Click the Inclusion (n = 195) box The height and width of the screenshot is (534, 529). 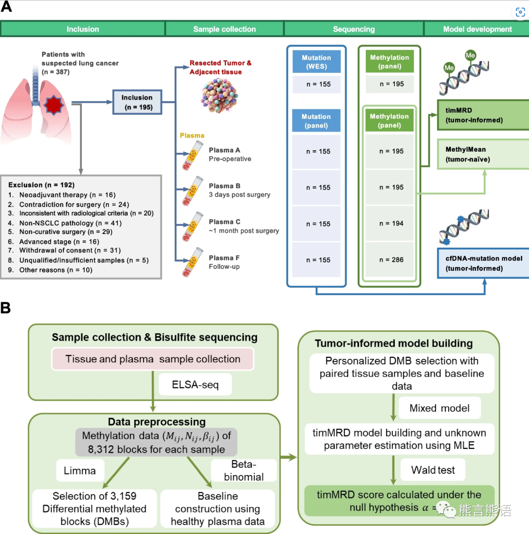[137, 102]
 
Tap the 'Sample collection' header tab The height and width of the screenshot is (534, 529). [224, 29]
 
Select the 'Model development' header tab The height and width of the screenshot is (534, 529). [477, 29]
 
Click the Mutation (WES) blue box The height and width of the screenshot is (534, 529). [316, 62]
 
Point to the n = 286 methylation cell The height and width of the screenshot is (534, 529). [391, 259]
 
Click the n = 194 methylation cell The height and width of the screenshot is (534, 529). [391, 223]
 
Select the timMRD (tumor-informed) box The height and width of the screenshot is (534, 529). [482, 116]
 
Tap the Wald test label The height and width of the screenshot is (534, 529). [433, 470]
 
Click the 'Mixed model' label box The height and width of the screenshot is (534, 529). [439, 408]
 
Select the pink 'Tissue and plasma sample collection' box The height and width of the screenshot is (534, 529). [153, 359]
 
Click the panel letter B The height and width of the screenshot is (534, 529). [6, 308]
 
